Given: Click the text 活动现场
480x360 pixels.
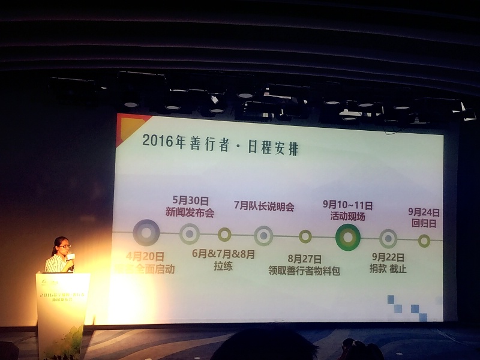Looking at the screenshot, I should click(x=347, y=217).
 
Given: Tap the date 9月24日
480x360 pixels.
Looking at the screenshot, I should click(x=424, y=212).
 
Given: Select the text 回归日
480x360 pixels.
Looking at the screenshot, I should click(x=424, y=222).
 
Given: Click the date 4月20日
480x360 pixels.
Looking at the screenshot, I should click(x=145, y=257).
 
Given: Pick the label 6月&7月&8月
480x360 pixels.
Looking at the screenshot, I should click(x=224, y=254).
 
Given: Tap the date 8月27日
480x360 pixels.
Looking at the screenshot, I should click(x=304, y=259).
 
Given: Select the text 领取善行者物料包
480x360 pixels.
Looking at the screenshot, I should click(x=304, y=271).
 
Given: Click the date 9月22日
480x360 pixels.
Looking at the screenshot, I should click(x=388, y=257).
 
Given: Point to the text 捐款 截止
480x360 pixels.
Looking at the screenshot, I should click(x=388, y=269).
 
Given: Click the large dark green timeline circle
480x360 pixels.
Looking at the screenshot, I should click(x=348, y=237).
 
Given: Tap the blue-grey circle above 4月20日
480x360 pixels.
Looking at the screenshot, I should click(x=146, y=233).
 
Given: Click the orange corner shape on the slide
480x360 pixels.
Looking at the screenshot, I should click(x=125, y=123).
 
